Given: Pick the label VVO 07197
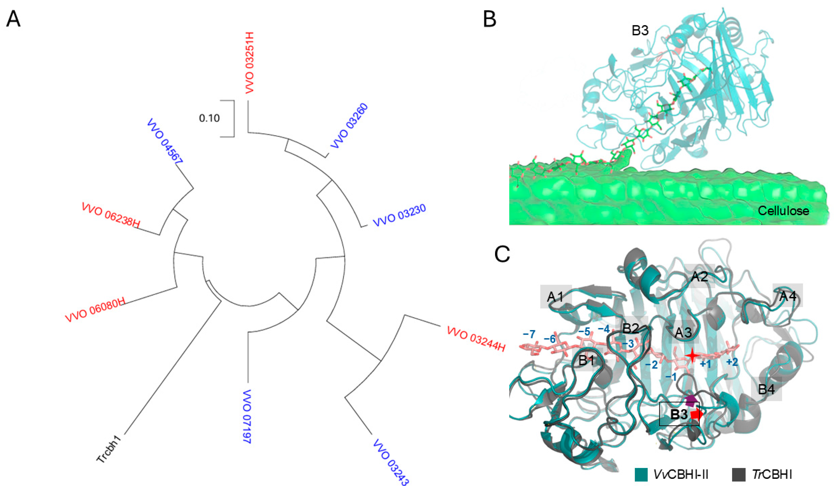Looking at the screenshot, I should [248, 421].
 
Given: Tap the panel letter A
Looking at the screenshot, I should [13, 19].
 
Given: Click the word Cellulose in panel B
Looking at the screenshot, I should [783, 211].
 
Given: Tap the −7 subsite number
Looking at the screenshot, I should [529, 334].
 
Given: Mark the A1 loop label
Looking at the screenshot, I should [556, 297].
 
